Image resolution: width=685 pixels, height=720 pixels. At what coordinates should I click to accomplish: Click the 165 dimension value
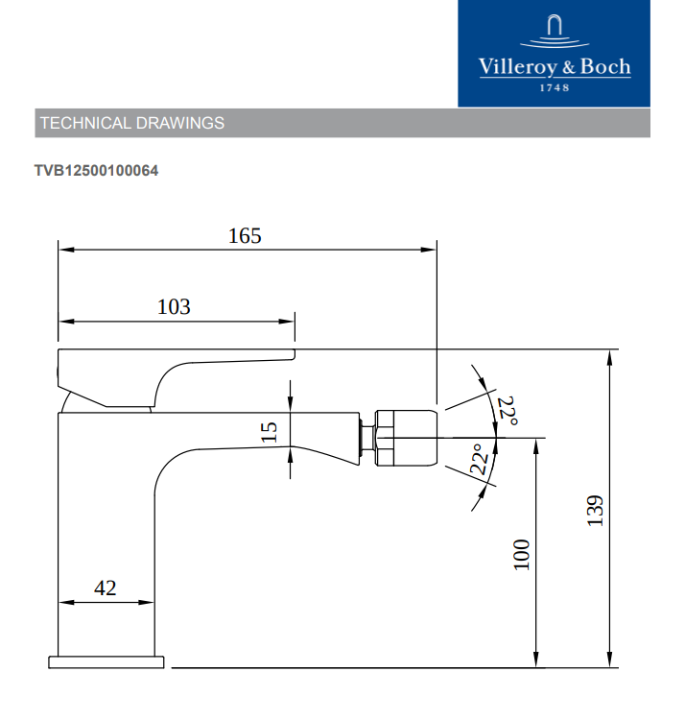point(245,236)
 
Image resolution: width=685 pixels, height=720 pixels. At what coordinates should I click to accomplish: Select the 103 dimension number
point(174,307)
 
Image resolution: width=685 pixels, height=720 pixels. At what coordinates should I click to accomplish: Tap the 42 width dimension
point(106,588)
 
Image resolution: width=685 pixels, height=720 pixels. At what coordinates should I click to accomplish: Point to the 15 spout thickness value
point(269,432)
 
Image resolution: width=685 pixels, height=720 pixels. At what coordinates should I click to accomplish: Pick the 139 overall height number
point(595,511)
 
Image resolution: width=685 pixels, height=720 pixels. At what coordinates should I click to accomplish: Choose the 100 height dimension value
point(521,555)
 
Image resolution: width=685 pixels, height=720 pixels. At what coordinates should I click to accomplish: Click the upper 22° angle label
point(508,411)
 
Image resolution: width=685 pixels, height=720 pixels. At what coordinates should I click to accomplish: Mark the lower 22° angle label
point(480,459)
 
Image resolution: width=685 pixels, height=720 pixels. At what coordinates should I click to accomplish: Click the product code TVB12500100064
point(96,171)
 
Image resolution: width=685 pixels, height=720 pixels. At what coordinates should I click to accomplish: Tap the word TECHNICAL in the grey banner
point(85,123)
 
